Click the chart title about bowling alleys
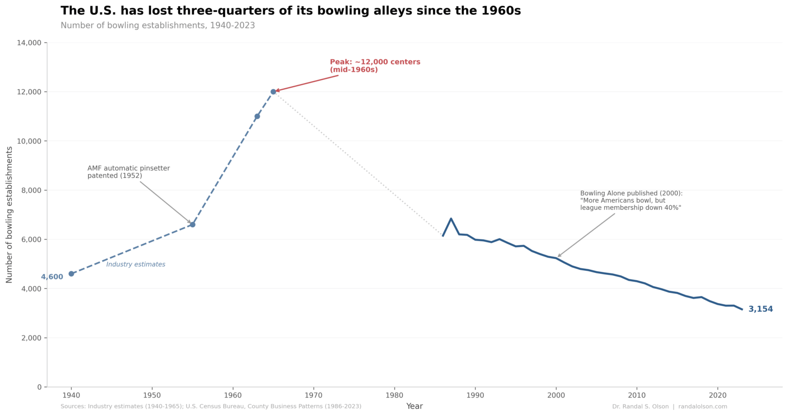[x=290, y=11]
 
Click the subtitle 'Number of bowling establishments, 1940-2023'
[x=157, y=26]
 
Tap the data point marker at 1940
[x=71, y=274]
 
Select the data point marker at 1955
[x=192, y=225]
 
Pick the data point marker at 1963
[x=257, y=116]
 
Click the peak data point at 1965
[x=273, y=92]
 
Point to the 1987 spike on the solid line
[x=451, y=219]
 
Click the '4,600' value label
[x=52, y=277]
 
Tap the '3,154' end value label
[x=760, y=309]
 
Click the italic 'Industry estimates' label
[x=135, y=265]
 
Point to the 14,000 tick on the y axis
[x=29, y=43]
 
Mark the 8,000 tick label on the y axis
[x=31, y=190]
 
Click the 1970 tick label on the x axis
[x=313, y=395]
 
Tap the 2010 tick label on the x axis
[x=636, y=395]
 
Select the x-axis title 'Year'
[x=415, y=406]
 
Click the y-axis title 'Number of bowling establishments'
[x=9, y=214]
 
